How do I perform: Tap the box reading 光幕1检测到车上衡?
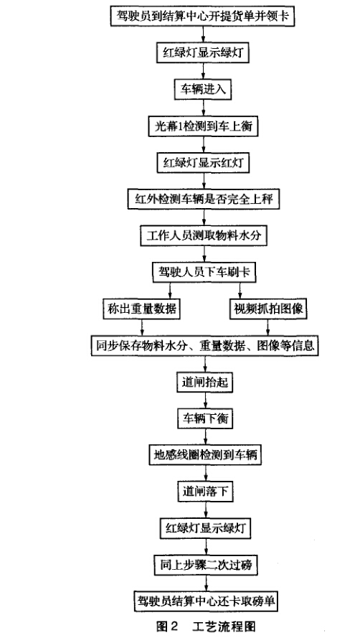coord(204,126)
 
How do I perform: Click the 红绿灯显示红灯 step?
coord(204,163)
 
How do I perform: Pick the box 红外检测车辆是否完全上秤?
coord(204,200)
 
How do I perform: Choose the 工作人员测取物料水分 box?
coord(204,236)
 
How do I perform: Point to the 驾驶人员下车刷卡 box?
coord(204,272)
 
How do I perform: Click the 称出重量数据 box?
coord(142,309)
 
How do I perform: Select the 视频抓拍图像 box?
coord(268,309)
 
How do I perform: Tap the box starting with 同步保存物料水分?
coord(205,346)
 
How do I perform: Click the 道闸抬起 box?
coord(204,382)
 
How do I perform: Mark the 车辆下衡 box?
coord(205,418)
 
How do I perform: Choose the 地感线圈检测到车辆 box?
coord(205,455)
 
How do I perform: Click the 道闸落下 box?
coord(205,492)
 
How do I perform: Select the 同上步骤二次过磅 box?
coord(205,565)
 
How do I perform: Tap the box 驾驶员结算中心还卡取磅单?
coord(206,601)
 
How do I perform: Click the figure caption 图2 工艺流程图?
coord(206,626)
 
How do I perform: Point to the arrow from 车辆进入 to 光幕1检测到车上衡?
coord(204,108)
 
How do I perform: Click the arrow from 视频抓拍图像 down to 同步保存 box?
coord(268,327)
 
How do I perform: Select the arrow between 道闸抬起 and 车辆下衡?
coord(205,400)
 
